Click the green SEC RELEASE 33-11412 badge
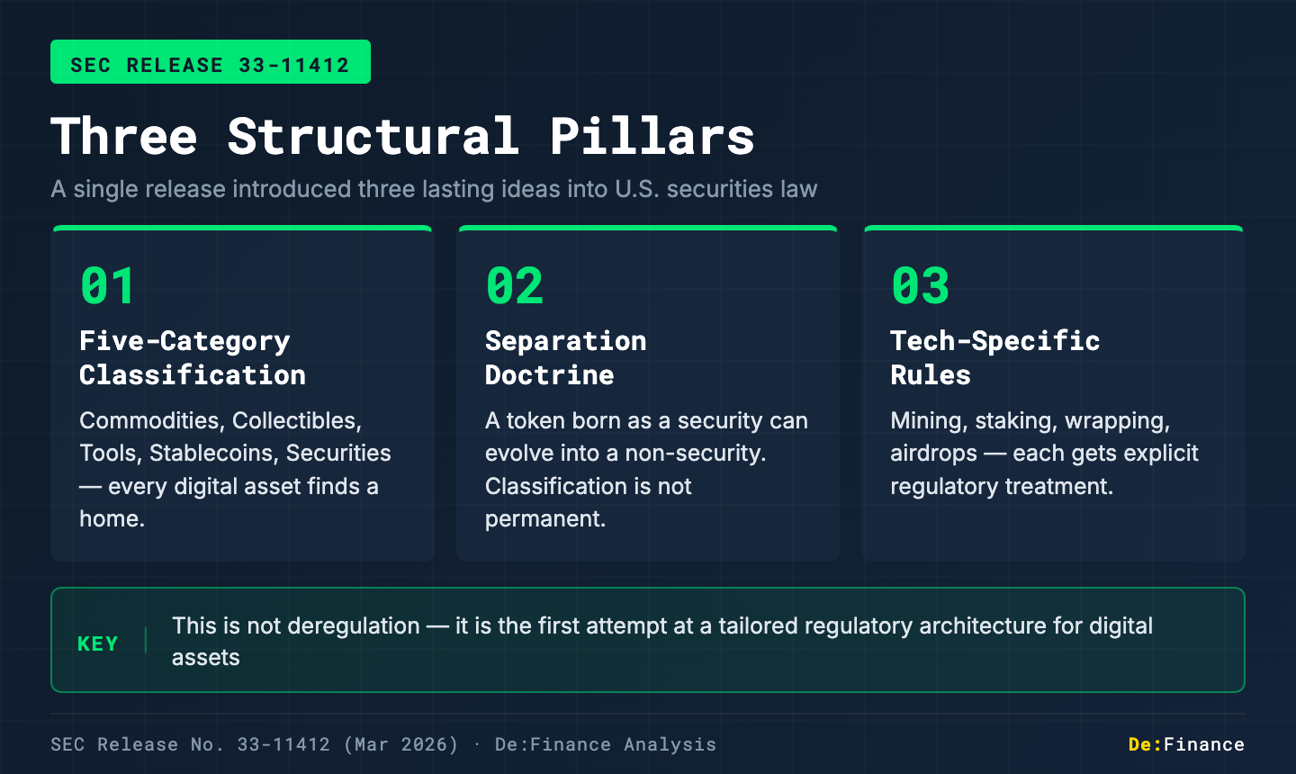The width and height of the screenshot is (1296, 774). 210,62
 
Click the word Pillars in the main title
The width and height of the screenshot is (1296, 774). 652,137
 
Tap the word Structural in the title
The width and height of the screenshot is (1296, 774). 373,137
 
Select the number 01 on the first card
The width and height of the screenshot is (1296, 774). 108,286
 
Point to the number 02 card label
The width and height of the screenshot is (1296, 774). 515,286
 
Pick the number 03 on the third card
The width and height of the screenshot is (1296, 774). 920,286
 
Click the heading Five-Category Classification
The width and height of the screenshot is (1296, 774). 192,357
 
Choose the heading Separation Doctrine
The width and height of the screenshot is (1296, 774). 565,357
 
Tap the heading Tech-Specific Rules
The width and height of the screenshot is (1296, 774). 994,357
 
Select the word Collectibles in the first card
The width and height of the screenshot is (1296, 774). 296,421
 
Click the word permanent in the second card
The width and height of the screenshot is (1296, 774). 544,519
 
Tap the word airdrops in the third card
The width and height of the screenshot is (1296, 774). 933,454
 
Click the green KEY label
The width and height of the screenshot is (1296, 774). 98,644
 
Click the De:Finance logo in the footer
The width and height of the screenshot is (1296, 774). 1186,744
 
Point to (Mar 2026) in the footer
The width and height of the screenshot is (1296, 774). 400,744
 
